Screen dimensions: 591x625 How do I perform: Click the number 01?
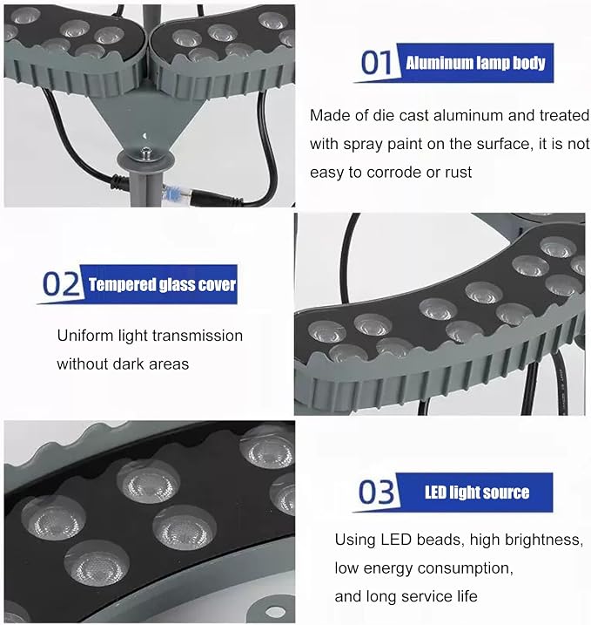(376, 63)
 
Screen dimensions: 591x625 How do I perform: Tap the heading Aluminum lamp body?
(475, 63)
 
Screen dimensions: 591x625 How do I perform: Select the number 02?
(61, 284)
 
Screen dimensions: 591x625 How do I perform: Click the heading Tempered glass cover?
(162, 284)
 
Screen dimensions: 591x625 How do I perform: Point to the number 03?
(376, 493)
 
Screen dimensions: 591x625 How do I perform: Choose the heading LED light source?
(477, 493)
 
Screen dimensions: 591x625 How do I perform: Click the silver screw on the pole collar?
(147, 153)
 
